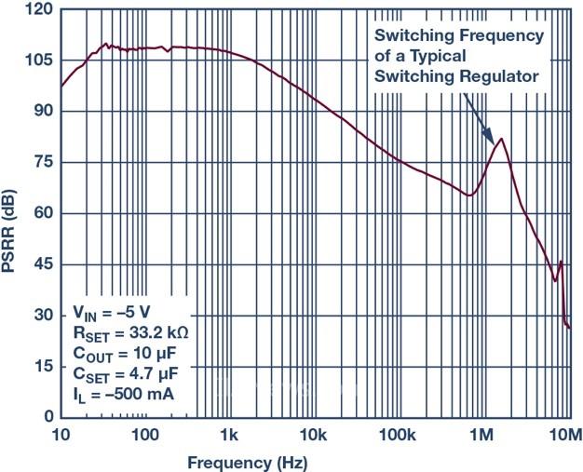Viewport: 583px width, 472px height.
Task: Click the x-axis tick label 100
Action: [x=145, y=436]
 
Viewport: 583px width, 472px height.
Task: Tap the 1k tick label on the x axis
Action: [x=229, y=436]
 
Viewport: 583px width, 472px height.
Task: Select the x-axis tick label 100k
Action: [x=398, y=436]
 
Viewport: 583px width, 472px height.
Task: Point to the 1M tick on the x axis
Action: [x=481, y=436]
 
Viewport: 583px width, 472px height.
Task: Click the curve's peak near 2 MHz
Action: [x=502, y=140]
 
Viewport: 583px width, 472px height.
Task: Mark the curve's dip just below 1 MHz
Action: [x=470, y=196]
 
